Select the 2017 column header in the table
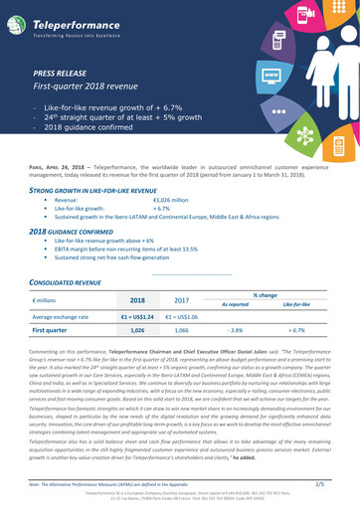click(x=181, y=299)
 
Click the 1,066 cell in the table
click(x=181, y=329)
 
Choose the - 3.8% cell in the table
click(x=236, y=329)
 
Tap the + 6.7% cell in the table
click(x=296, y=329)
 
